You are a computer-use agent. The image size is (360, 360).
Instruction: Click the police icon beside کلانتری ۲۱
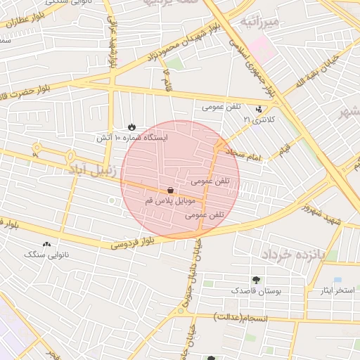click(x=260, y=109)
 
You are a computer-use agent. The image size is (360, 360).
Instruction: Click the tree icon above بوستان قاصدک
click(x=255, y=279)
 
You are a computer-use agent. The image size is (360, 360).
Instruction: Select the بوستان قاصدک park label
click(x=256, y=290)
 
